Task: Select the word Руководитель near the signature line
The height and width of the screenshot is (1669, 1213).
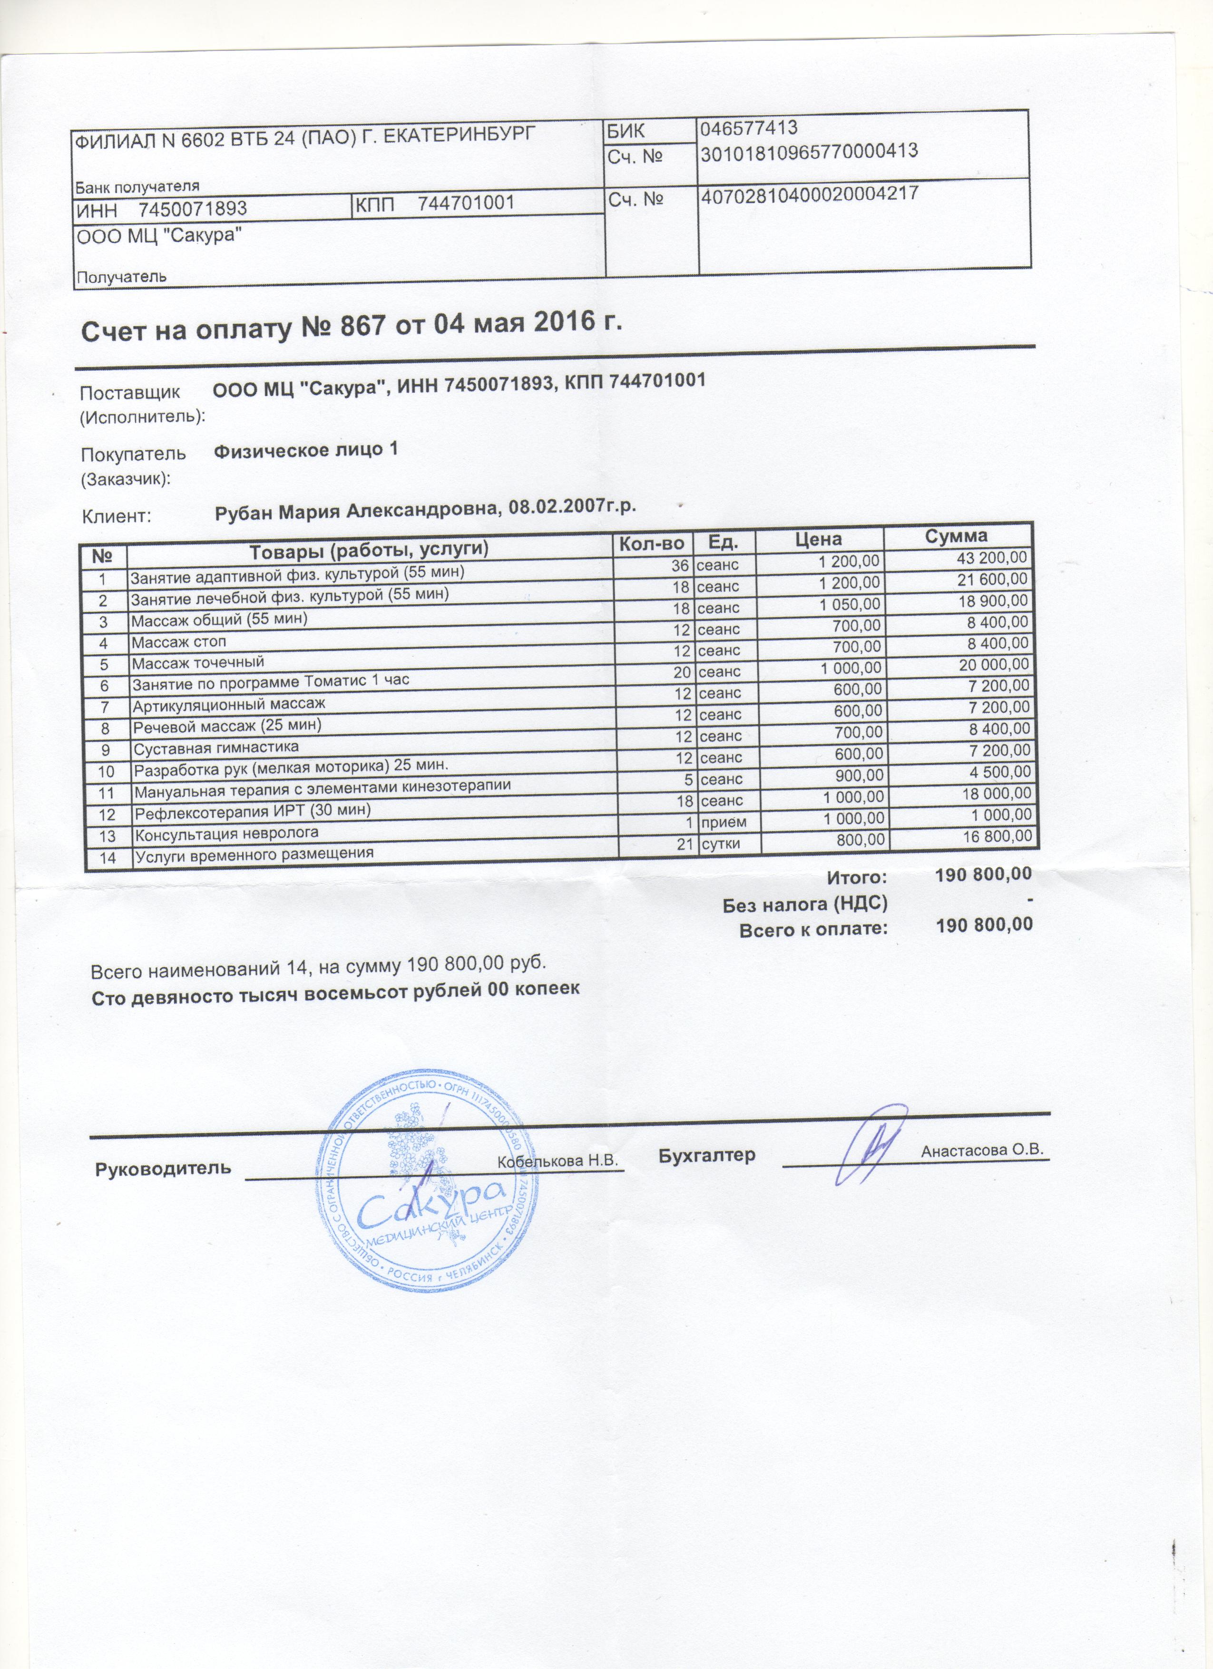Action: tap(164, 1168)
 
